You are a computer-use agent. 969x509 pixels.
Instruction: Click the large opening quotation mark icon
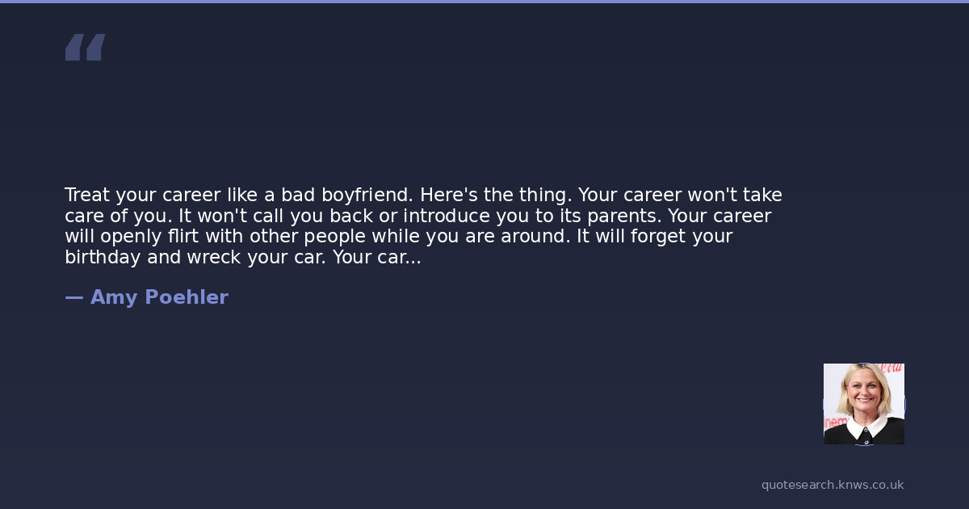86,47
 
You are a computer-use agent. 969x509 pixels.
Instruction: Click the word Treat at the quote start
87,195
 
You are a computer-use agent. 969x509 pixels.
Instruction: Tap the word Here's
449,195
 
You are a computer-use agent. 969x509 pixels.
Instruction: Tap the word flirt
183,236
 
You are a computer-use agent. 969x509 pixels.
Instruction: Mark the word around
535,236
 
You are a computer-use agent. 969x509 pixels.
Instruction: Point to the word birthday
103,258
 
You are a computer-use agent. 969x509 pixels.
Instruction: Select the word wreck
214,257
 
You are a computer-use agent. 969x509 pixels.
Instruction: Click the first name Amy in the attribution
114,298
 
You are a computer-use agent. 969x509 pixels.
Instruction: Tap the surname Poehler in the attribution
187,297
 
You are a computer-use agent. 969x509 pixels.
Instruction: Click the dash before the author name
74,298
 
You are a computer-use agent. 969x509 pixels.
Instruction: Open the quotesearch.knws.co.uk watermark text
833,486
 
